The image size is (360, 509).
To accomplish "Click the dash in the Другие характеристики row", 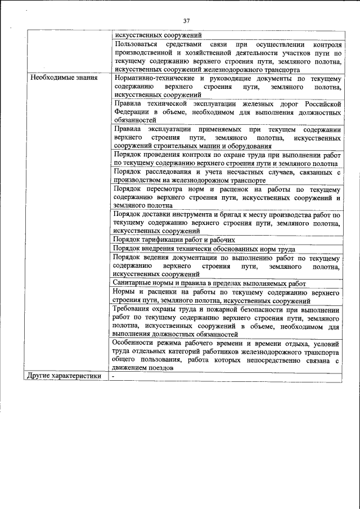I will [x=113, y=376].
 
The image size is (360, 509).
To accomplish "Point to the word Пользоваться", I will [x=135, y=44].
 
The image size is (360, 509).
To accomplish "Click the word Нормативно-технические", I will [x=151, y=78].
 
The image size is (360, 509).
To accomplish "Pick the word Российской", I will [x=322, y=104].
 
